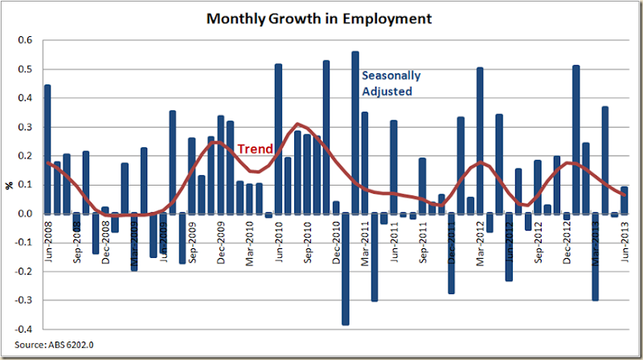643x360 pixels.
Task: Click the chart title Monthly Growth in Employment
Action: (x=318, y=17)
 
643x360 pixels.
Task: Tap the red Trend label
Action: (x=254, y=149)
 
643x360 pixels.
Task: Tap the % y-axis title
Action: (x=10, y=185)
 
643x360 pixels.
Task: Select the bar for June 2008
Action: (x=47, y=149)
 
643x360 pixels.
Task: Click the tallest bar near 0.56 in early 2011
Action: (x=355, y=133)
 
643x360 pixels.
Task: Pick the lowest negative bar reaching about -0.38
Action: (x=346, y=268)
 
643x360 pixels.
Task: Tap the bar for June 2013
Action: (x=624, y=200)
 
